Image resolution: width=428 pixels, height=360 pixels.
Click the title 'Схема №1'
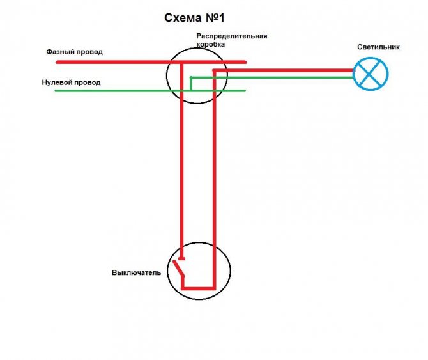(x=194, y=18)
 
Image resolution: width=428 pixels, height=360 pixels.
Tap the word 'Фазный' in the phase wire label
(x=60, y=52)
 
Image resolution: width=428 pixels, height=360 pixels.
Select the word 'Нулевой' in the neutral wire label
(x=56, y=82)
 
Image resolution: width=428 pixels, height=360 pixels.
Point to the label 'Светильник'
(x=378, y=47)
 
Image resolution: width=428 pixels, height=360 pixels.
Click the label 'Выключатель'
(x=136, y=272)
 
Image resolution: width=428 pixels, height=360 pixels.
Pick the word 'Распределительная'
(x=232, y=36)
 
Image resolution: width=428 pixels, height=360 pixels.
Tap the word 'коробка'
(x=210, y=44)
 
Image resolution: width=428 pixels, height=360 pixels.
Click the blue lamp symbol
(x=370, y=74)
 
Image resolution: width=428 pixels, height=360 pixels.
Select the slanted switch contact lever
(x=178, y=269)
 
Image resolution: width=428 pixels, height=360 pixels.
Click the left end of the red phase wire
(x=57, y=62)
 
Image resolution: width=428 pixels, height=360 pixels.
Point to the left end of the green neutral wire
(x=56, y=91)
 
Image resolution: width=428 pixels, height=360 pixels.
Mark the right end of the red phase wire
(x=245, y=62)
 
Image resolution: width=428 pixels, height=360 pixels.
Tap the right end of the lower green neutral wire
(x=245, y=91)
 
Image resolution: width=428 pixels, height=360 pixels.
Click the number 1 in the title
(x=221, y=18)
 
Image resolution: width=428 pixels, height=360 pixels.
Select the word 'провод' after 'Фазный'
(x=89, y=52)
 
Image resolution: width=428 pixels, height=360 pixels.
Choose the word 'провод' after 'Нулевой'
(x=87, y=82)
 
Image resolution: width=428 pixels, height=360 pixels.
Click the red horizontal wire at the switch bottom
(x=199, y=288)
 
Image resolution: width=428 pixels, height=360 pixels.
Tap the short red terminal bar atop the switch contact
(x=181, y=259)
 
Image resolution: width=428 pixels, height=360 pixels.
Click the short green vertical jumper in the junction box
(x=191, y=84)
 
